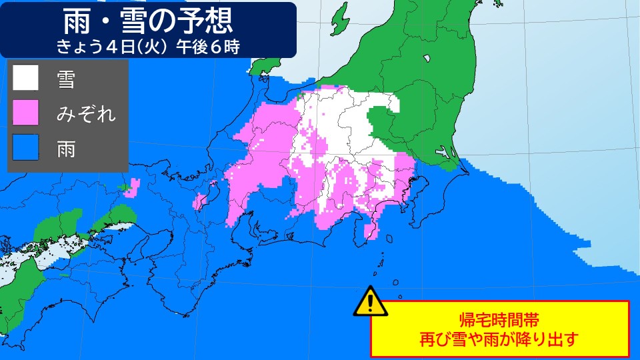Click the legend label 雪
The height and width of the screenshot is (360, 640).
tap(66, 80)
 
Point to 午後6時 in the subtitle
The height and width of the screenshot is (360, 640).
tap(212, 47)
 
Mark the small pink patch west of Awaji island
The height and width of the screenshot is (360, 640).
tap(131, 188)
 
